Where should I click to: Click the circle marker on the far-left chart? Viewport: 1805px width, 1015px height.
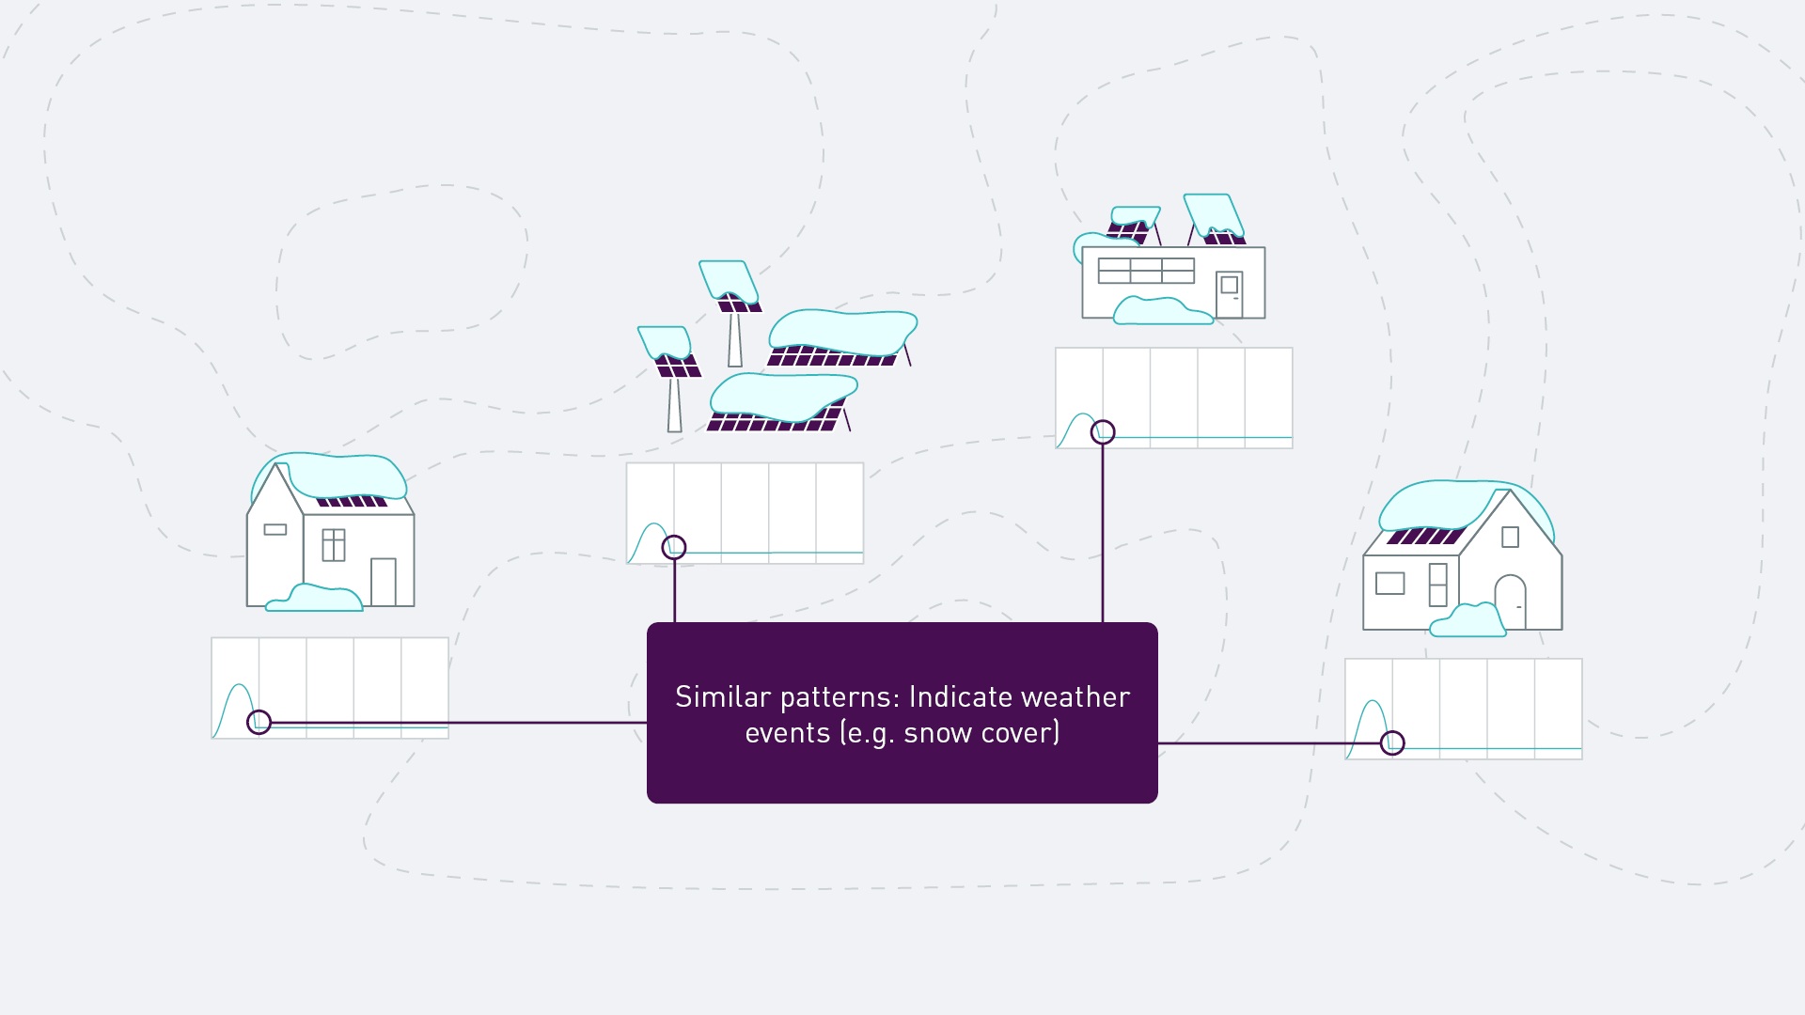click(259, 722)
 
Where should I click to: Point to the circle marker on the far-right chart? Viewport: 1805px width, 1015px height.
click(1392, 742)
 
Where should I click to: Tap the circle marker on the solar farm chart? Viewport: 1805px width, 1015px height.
click(674, 547)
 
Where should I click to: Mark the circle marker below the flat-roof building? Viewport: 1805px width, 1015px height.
click(1103, 431)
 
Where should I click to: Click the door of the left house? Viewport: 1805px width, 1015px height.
click(384, 582)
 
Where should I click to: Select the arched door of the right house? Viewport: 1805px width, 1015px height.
click(1510, 601)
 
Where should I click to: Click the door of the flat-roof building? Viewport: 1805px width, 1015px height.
click(1230, 294)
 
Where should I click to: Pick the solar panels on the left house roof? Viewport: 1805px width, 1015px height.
click(352, 501)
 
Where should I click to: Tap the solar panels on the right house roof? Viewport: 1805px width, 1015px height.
click(1426, 536)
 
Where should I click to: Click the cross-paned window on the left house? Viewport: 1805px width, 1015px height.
click(334, 545)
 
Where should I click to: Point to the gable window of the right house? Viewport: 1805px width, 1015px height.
click(1511, 537)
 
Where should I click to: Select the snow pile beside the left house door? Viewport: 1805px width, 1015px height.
click(314, 598)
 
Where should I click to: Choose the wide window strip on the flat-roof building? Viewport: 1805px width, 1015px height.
click(1146, 271)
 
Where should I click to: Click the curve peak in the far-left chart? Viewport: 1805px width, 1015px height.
click(240, 685)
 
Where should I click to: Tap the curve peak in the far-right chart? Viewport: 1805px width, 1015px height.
click(1373, 701)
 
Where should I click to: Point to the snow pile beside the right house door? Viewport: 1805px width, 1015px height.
click(1468, 621)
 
